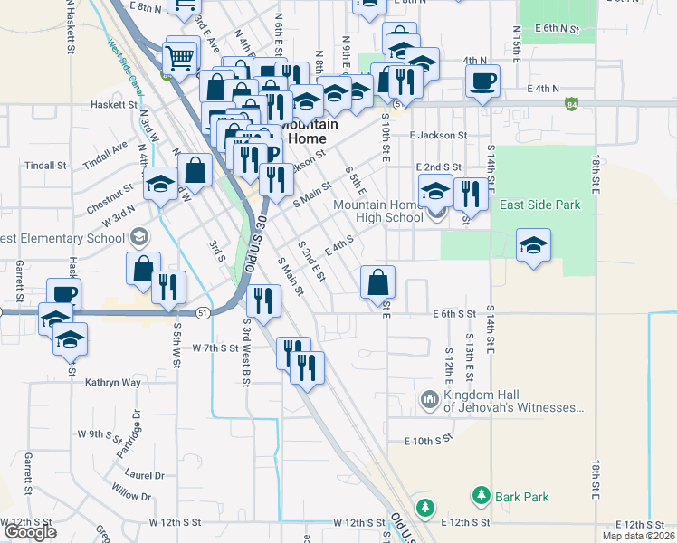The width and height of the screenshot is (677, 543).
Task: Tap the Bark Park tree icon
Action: coord(480,496)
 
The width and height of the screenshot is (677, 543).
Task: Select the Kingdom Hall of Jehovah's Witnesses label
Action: coord(512,401)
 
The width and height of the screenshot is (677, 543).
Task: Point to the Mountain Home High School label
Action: coord(378,211)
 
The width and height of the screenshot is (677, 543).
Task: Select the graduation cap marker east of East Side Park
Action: coord(534,244)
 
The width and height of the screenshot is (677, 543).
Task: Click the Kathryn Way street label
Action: coord(113,383)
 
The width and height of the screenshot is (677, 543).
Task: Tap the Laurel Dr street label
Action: coord(145,474)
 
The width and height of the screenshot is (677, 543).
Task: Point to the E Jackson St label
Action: coord(437,135)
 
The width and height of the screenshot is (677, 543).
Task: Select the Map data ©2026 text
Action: coord(638,537)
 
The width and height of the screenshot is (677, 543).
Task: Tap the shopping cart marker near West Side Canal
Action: coord(180,58)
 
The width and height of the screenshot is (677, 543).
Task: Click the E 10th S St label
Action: coord(427,440)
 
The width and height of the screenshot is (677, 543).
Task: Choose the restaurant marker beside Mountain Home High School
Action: coord(469,193)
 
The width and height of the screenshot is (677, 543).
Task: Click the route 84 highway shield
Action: coord(572,105)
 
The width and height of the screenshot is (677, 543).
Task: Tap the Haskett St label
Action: coord(113,105)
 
